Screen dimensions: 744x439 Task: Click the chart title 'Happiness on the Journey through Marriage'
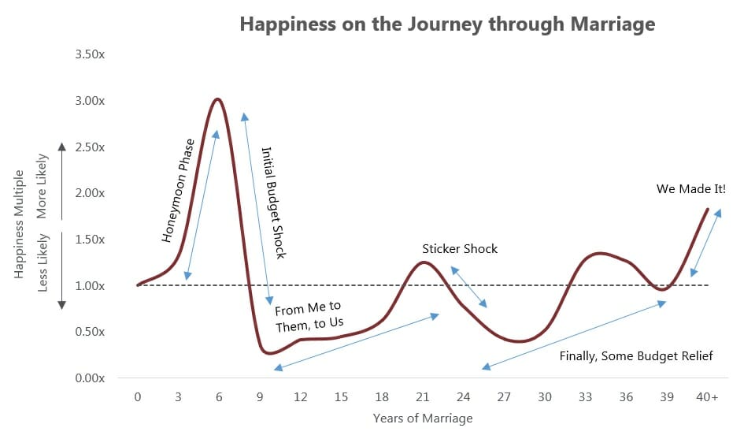(x=447, y=24)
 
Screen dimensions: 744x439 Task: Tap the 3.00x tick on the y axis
(x=90, y=101)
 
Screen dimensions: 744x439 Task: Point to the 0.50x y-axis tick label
(x=90, y=332)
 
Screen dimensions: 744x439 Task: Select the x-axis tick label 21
(x=422, y=396)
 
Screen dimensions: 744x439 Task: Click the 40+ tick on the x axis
(x=707, y=396)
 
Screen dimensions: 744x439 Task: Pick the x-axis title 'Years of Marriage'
(x=423, y=418)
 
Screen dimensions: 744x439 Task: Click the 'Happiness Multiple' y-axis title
(x=19, y=224)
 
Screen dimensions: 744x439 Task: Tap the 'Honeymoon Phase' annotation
(x=179, y=191)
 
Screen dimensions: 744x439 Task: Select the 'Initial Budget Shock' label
(x=274, y=203)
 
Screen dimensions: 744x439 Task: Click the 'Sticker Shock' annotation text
(x=460, y=249)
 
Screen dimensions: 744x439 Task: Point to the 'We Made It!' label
(x=691, y=189)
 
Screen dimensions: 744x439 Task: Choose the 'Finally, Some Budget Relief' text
(x=636, y=356)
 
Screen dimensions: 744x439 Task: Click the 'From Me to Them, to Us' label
(x=309, y=317)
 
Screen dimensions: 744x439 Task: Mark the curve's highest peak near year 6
(x=218, y=99)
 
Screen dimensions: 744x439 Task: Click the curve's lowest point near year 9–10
(x=269, y=353)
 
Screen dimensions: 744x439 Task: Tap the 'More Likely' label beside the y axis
(x=43, y=186)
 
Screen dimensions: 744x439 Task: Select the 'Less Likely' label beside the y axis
(x=43, y=262)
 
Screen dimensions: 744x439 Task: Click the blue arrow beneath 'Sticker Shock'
(x=468, y=287)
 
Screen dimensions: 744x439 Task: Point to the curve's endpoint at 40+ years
(x=708, y=209)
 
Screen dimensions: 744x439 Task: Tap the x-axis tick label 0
(x=138, y=396)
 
